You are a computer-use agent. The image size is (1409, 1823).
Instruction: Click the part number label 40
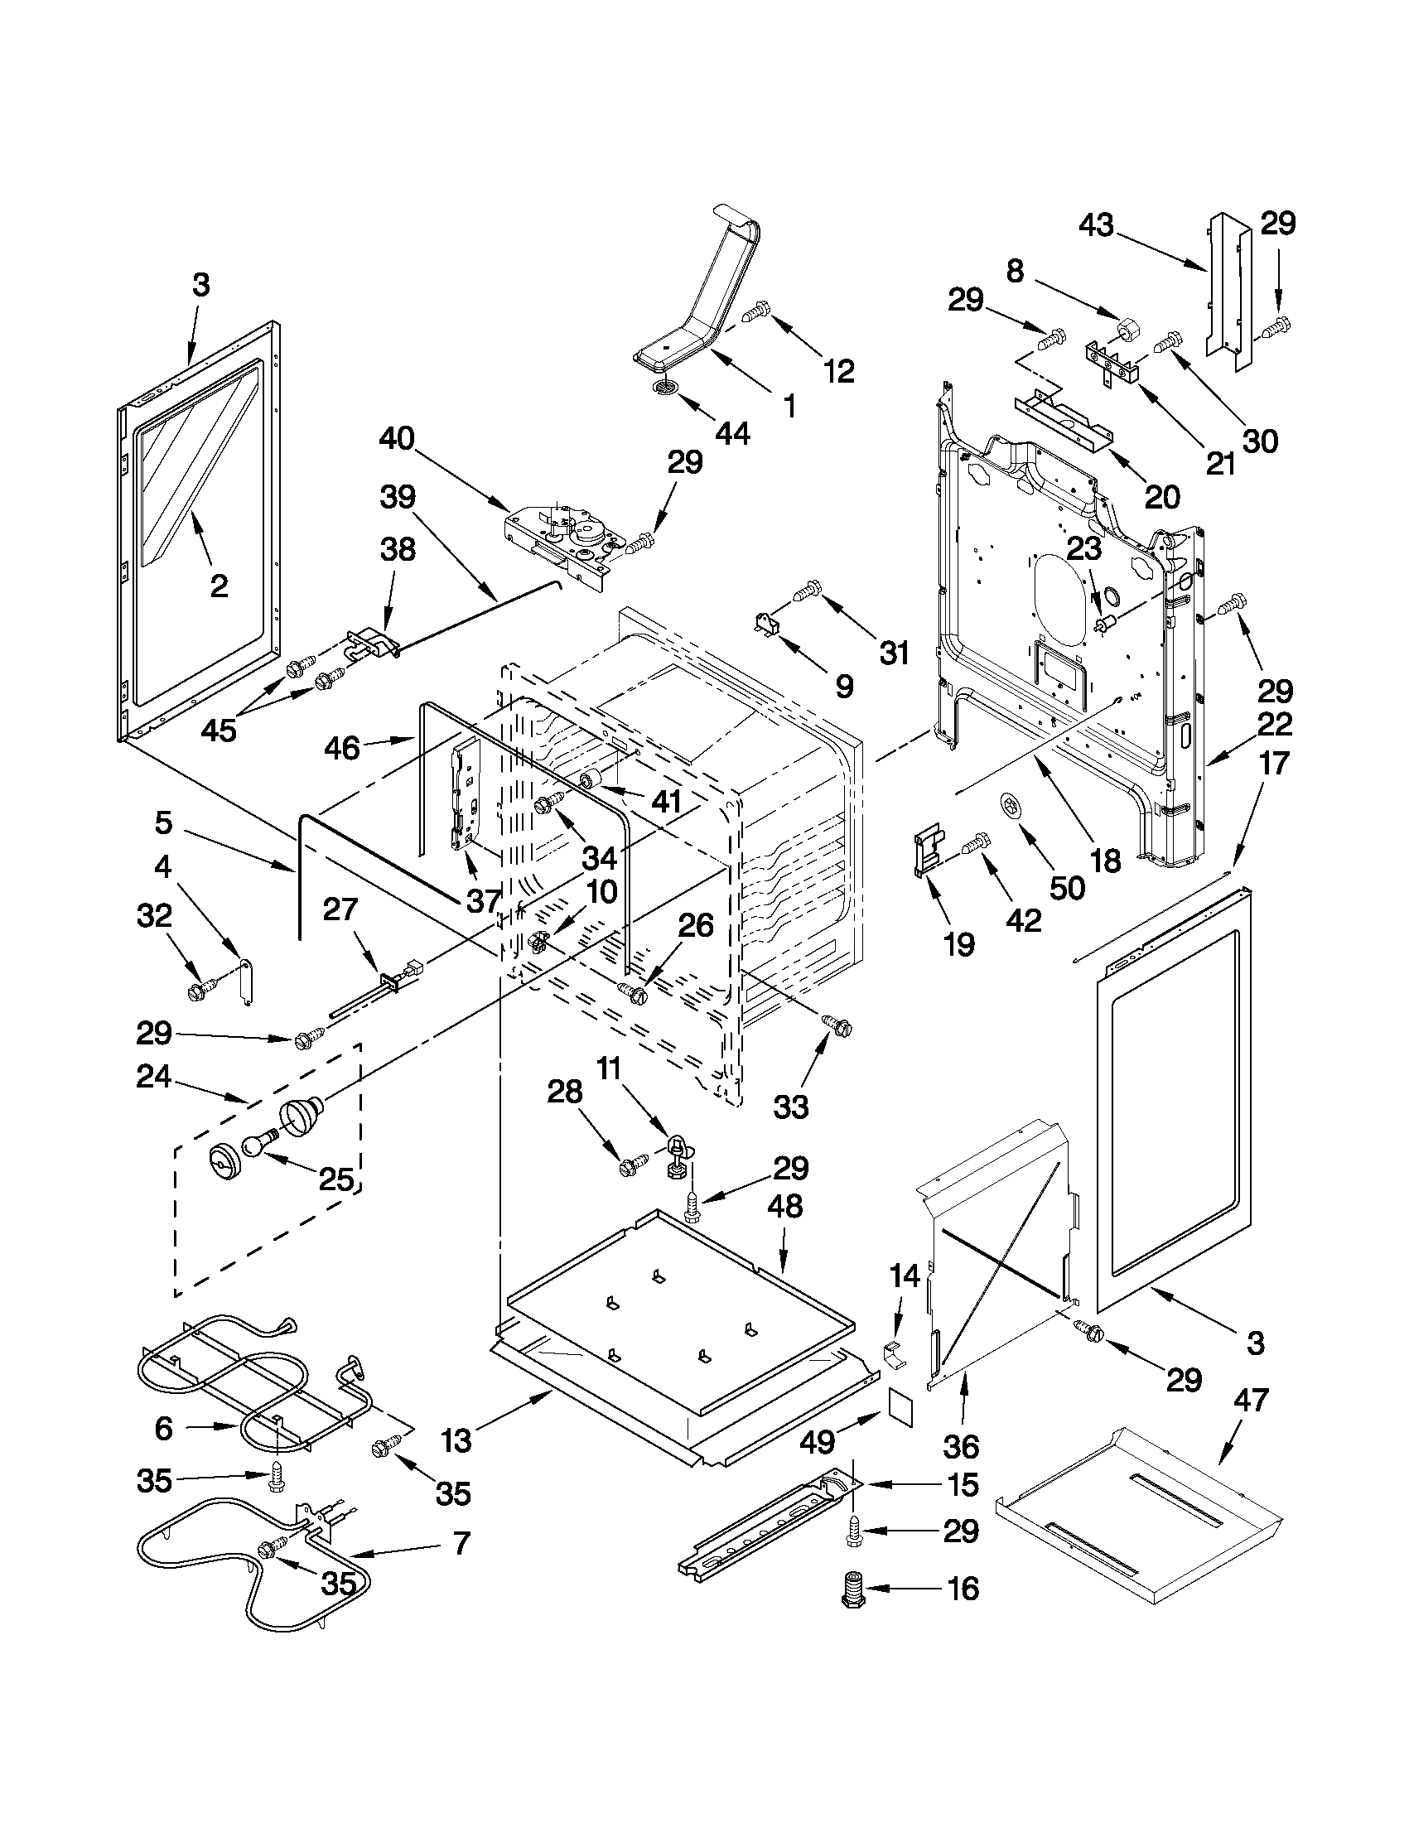[398, 439]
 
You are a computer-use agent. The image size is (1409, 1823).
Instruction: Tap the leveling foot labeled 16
[852, 1589]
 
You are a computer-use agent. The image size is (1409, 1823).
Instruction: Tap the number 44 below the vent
[731, 432]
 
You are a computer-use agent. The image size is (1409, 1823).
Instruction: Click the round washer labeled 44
[664, 386]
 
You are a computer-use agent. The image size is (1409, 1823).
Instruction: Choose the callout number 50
[1066, 887]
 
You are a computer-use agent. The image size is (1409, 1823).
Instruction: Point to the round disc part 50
[1011, 807]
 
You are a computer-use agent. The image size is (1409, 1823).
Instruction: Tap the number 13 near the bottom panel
[456, 1440]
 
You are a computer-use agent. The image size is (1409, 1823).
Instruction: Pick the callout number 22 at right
[1274, 723]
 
